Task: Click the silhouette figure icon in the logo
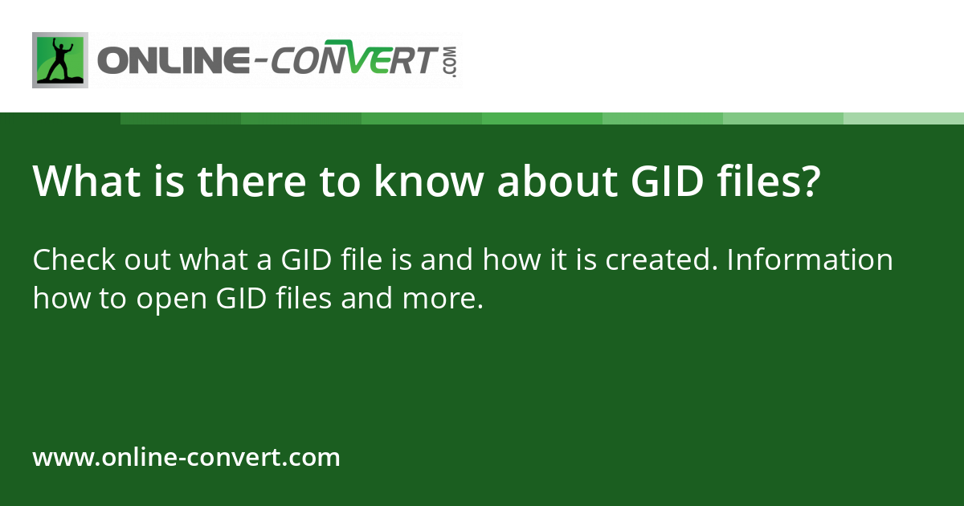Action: pos(60,60)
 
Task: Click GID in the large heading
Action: pos(653,182)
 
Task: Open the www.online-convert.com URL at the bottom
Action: pos(186,458)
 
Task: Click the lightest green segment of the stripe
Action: pos(904,118)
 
